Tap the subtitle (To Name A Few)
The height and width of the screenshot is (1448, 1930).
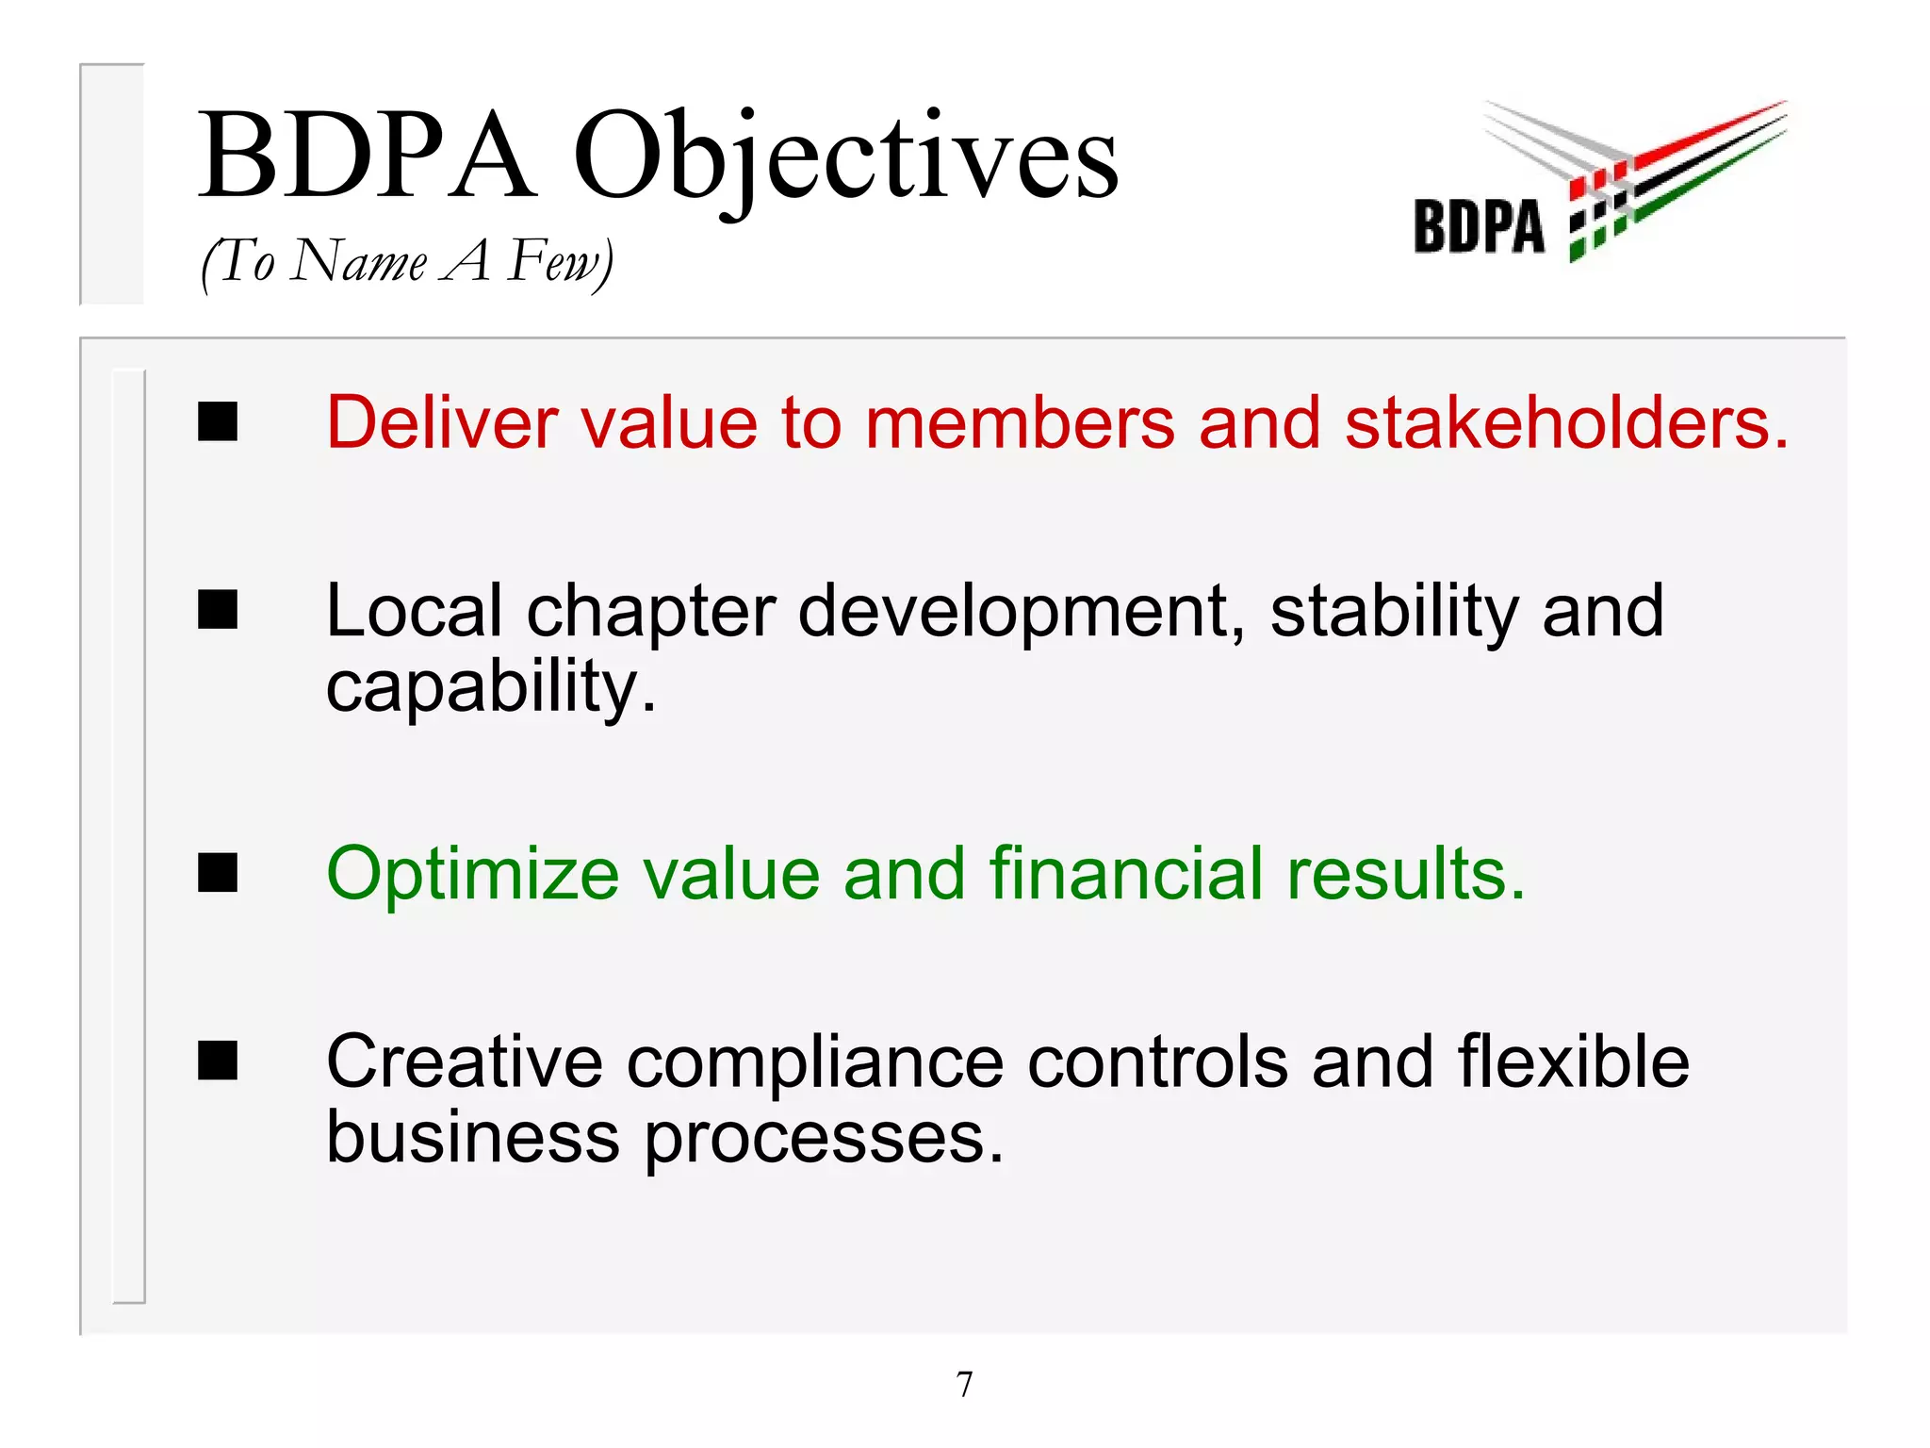[x=407, y=261]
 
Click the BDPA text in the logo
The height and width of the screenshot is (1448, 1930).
[x=1479, y=227]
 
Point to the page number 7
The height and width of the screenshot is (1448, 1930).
[x=964, y=1384]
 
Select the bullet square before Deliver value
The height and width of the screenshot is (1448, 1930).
[x=218, y=421]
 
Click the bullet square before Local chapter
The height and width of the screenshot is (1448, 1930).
[x=218, y=610]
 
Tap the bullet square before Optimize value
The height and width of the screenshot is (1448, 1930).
[x=218, y=872]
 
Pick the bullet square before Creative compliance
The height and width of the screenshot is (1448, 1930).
[x=218, y=1061]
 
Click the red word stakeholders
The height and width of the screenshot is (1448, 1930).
[x=1565, y=421]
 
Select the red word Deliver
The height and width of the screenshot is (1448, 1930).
[x=442, y=421]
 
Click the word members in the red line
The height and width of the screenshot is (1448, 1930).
[x=1020, y=421]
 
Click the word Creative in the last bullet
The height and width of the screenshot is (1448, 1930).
[x=465, y=1061]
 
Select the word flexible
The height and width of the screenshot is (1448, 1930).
[x=1573, y=1061]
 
